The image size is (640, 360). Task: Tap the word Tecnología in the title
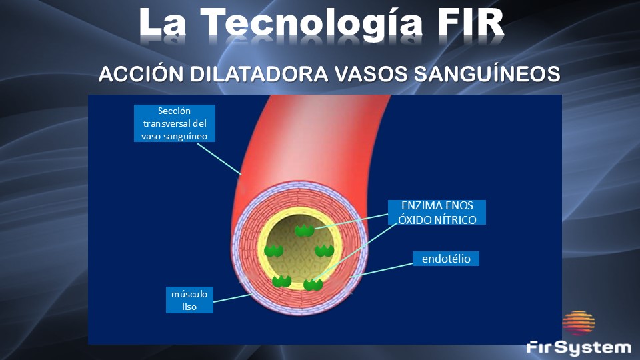311,25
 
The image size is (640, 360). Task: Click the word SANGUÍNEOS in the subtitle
487,74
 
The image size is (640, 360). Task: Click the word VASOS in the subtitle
371,74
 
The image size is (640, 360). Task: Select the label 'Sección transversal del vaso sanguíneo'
174,123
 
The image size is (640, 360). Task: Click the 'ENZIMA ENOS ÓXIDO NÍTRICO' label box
437,212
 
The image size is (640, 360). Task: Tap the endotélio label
446,259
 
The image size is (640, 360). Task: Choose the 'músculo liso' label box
189,300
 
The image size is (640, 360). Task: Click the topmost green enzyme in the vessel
305,231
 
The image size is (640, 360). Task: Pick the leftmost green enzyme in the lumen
273,251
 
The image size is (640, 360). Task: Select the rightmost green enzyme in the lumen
325,251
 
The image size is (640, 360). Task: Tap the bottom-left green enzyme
281,281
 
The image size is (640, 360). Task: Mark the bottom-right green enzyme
313,284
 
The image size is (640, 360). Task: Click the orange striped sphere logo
579,323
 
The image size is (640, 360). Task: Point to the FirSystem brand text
579,348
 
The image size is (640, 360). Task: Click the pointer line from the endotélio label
381,270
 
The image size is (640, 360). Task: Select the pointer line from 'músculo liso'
232,298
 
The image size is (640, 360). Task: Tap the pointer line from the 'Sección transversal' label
219,159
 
